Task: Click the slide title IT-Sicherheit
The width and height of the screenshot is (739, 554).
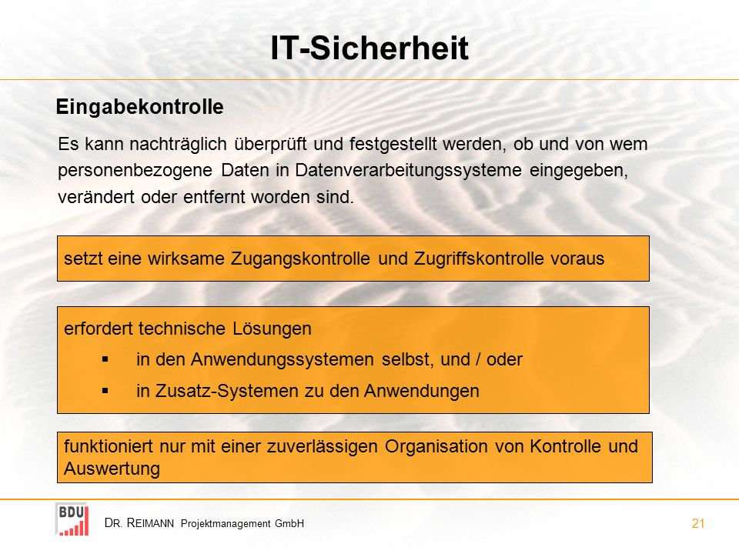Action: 369,48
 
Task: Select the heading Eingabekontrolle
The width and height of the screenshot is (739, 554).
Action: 139,107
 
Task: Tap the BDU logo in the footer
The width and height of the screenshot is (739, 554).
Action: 72,519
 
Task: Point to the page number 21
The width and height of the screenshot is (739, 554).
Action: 698,523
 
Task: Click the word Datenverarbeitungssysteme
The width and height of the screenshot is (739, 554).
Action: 408,170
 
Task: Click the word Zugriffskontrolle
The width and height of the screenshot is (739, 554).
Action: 479,259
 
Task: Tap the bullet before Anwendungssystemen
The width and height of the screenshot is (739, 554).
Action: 105,359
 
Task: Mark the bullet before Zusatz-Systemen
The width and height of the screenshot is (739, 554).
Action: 105,391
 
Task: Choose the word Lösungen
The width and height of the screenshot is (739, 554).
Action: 272,329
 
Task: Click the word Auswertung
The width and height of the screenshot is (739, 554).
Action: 112,469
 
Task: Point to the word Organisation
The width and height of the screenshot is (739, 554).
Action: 436,446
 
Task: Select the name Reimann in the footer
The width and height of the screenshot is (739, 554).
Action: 150,523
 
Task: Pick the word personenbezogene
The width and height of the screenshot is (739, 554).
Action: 135,171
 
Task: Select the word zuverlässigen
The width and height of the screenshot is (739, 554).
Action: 323,446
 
